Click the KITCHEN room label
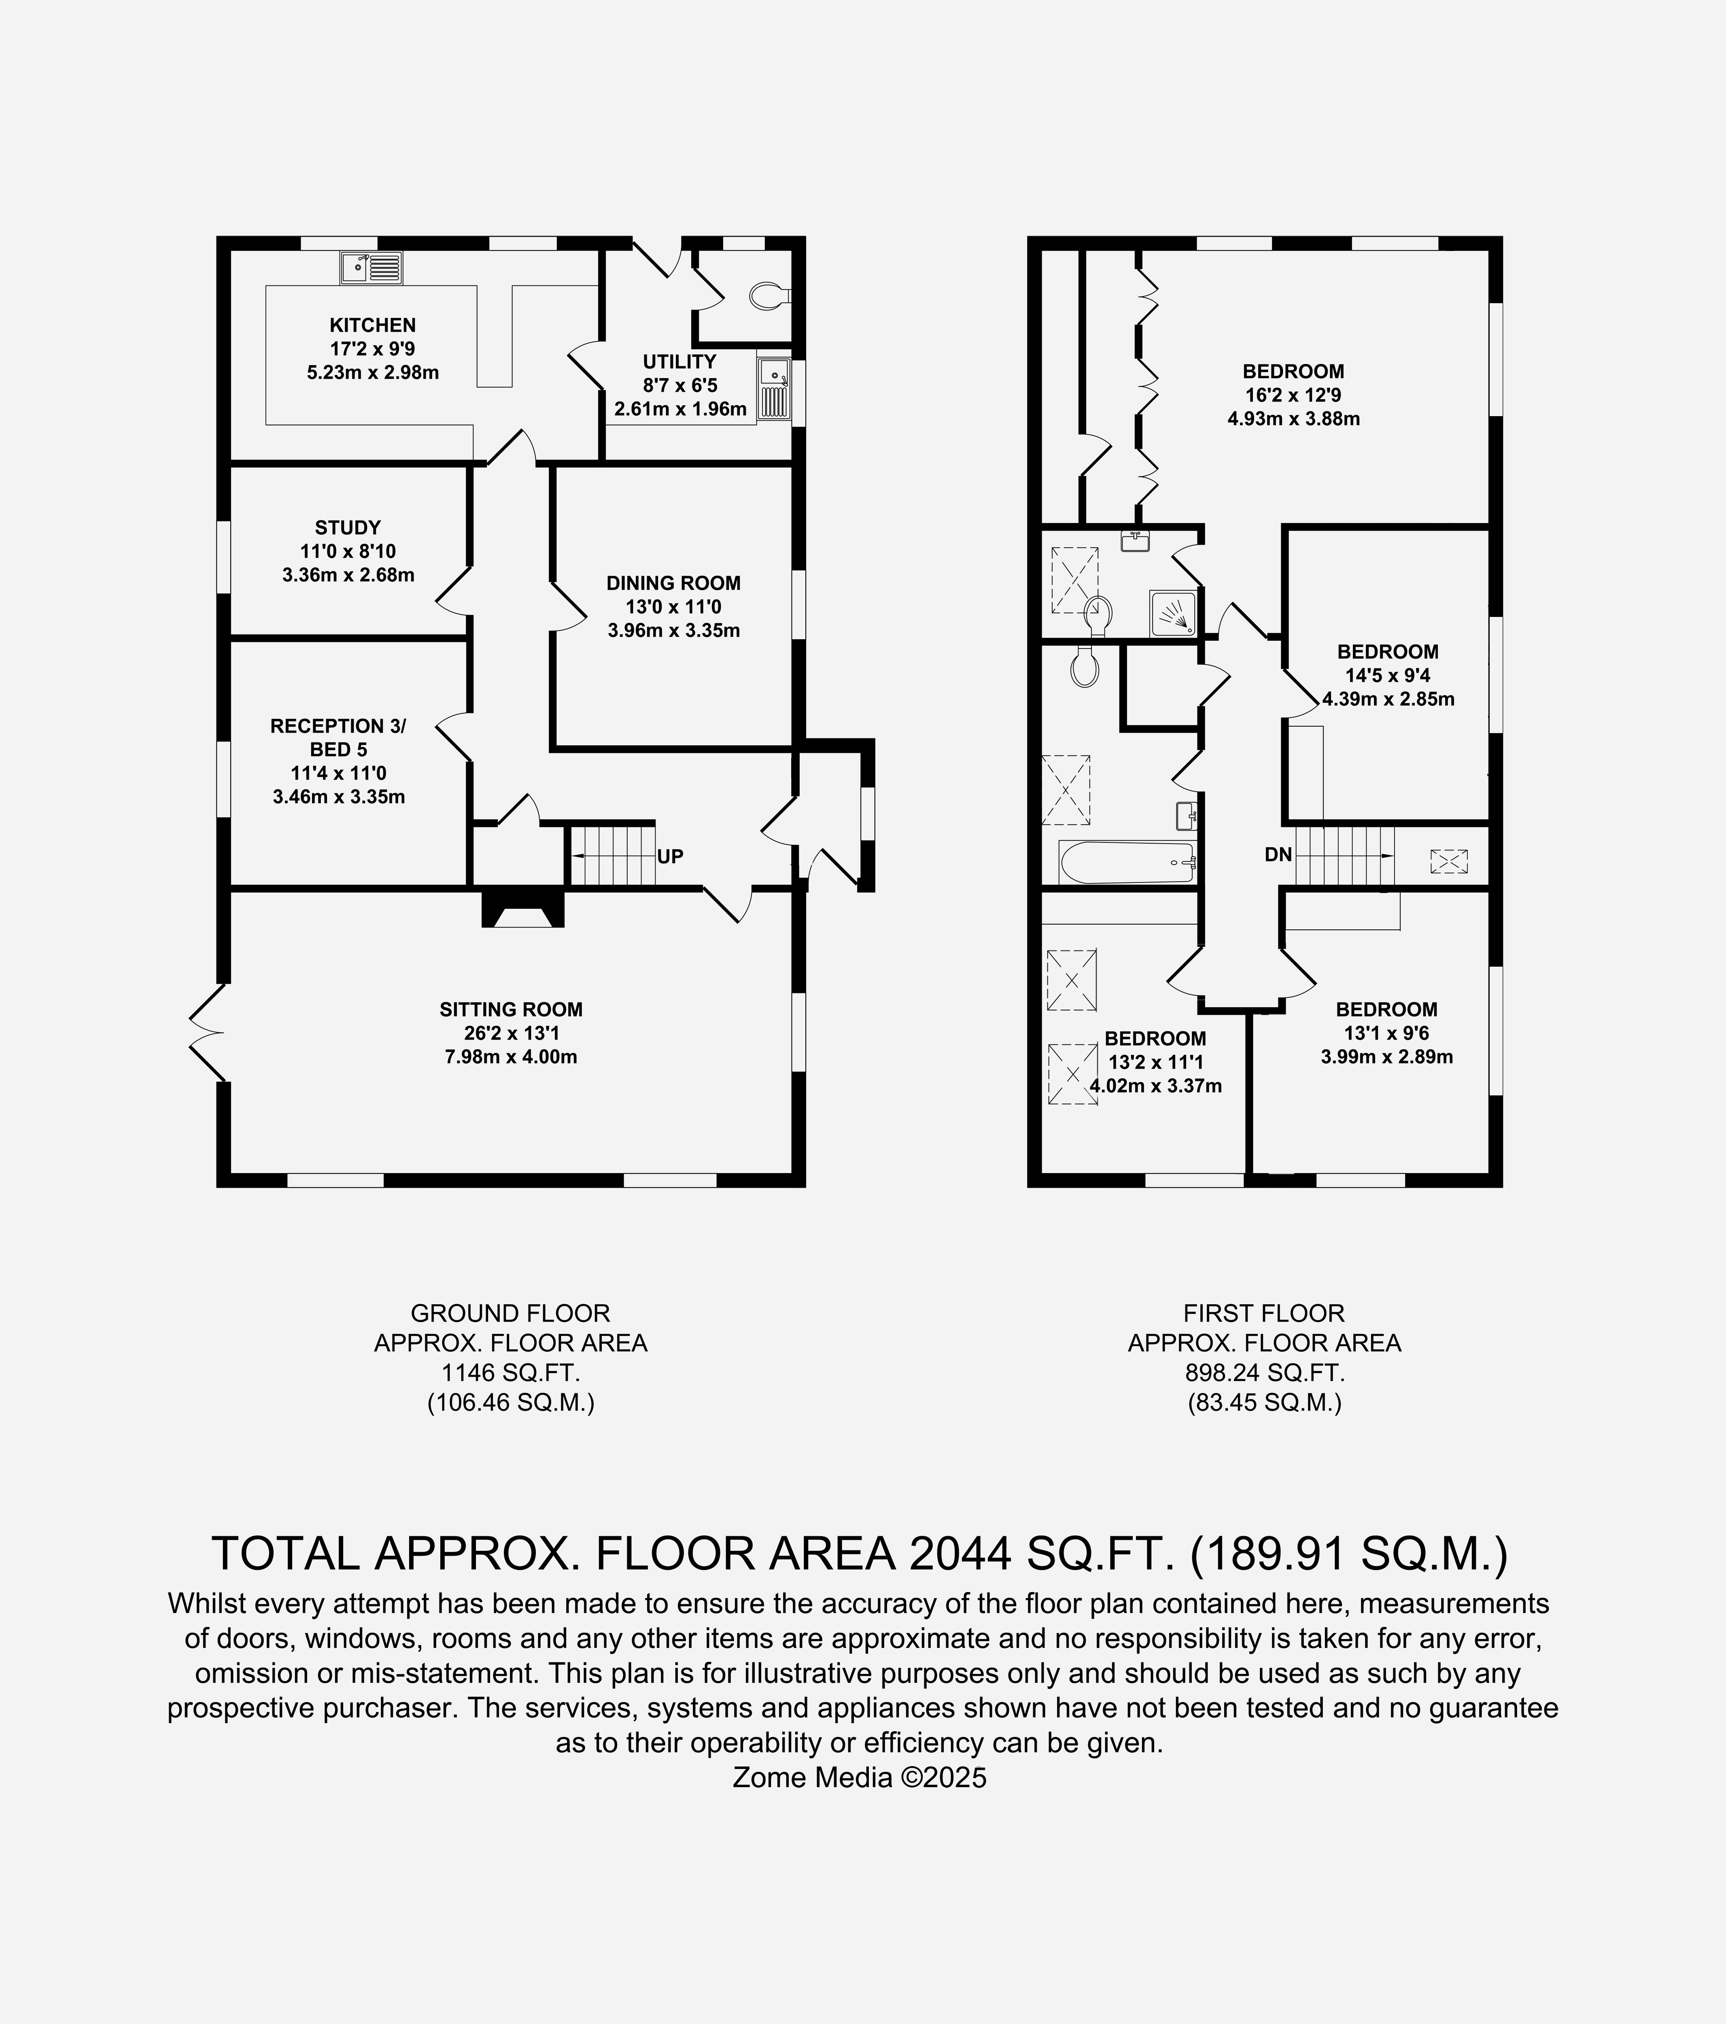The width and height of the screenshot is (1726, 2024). (372, 325)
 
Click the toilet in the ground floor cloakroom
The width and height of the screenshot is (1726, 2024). (770, 295)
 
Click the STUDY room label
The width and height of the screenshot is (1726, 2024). (348, 527)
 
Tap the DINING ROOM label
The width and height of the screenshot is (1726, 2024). (673, 583)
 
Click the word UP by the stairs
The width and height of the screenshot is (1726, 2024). (670, 857)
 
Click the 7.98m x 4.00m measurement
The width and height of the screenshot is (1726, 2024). (511, 1057)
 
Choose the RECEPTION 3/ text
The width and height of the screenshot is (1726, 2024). (338, 726)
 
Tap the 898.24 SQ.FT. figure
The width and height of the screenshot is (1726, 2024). (1265, 1372)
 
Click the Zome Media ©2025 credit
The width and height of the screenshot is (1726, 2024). (860, 1777)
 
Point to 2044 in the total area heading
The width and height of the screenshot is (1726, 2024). (959, 1553)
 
